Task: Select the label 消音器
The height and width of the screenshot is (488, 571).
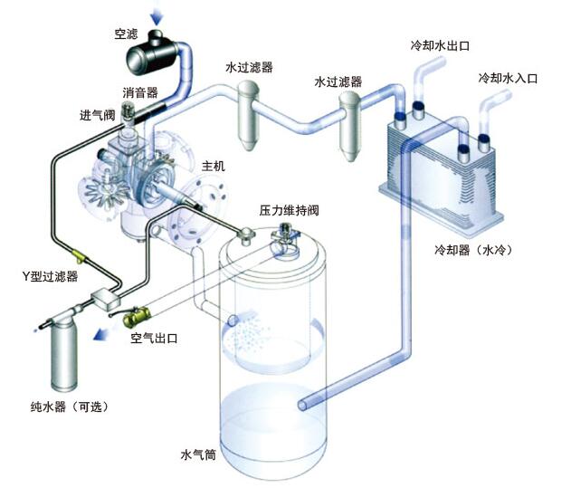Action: (140, 92)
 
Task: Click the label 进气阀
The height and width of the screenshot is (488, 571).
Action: (97, 115)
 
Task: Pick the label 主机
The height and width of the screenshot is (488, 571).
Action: (214, 167)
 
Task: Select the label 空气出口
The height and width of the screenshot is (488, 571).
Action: (154, 338)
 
